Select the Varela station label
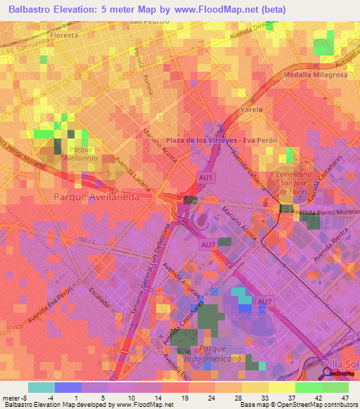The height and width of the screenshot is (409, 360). click(x=251, y=110)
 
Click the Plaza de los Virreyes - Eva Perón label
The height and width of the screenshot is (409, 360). click(x=221, y=141)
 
